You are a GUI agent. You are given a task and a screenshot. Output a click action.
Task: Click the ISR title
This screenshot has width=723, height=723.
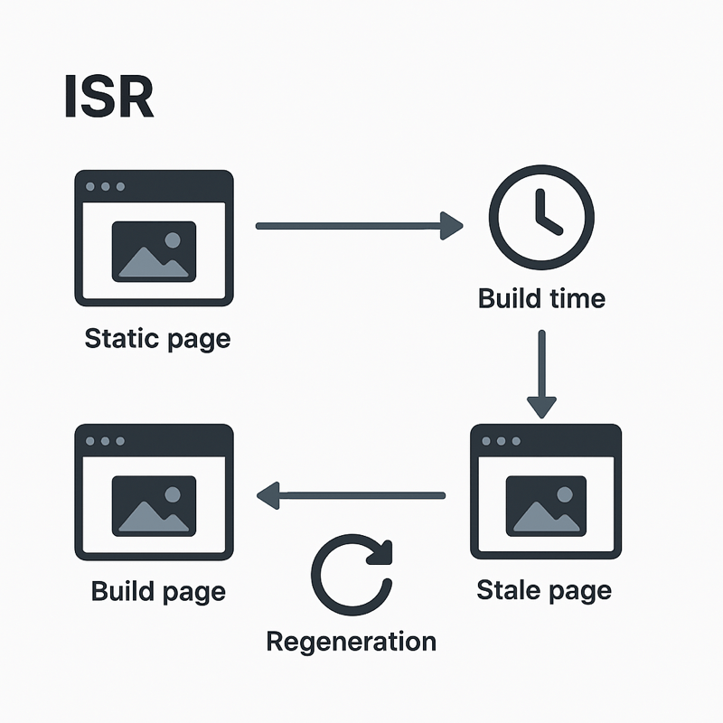point(108,97)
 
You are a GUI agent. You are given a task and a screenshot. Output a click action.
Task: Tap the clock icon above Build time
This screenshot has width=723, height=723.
point(541,218)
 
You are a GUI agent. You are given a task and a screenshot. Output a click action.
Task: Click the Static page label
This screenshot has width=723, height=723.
point(156,339)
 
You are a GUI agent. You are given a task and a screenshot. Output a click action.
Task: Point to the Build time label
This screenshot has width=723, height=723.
point(541,297)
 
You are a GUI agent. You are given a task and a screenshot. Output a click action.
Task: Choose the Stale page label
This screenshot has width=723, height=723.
point(543,590)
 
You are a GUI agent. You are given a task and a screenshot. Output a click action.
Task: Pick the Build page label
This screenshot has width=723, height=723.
point(158,592)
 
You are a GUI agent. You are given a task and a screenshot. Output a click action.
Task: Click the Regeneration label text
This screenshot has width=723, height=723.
point(351,642)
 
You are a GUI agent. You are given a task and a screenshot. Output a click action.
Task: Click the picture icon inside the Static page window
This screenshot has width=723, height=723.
point(154,250)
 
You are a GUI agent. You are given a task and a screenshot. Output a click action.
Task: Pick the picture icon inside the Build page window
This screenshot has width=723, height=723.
point(154,504)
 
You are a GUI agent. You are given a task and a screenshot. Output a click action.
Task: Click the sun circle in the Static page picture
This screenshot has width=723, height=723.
point(173,240)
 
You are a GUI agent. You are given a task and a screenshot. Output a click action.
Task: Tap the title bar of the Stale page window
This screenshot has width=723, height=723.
point(547,440)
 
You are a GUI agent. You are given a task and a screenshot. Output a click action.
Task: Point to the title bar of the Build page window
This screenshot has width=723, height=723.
point(154,440)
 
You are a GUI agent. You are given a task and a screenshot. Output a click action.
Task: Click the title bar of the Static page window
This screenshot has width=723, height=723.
point(154,185)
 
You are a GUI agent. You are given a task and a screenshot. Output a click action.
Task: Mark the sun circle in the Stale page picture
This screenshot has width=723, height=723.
point(566,494)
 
